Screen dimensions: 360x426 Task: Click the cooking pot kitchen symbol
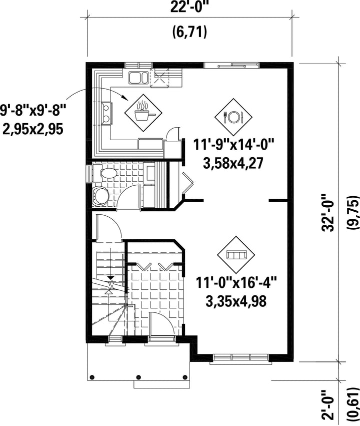[x=143, y=113]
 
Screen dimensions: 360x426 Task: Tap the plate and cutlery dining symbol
[x=233, y=117]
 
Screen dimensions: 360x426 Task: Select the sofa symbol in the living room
[x=236, y=255]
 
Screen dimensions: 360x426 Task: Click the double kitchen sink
[x=138, y=78]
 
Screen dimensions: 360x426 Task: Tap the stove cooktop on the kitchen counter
[x=106, y=113]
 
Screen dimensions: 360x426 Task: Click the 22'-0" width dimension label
[x=190, y=8]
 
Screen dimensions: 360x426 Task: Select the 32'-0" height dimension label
[x=327, y=213]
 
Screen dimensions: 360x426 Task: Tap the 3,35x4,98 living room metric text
[x=236, y=301]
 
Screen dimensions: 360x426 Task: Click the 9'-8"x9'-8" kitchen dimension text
[x=33, y=111]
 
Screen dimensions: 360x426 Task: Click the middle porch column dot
[x=138, y=377]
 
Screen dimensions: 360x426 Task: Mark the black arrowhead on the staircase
[x=110, y=278]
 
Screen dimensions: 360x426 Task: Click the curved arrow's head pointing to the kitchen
[x=124, y=98]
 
